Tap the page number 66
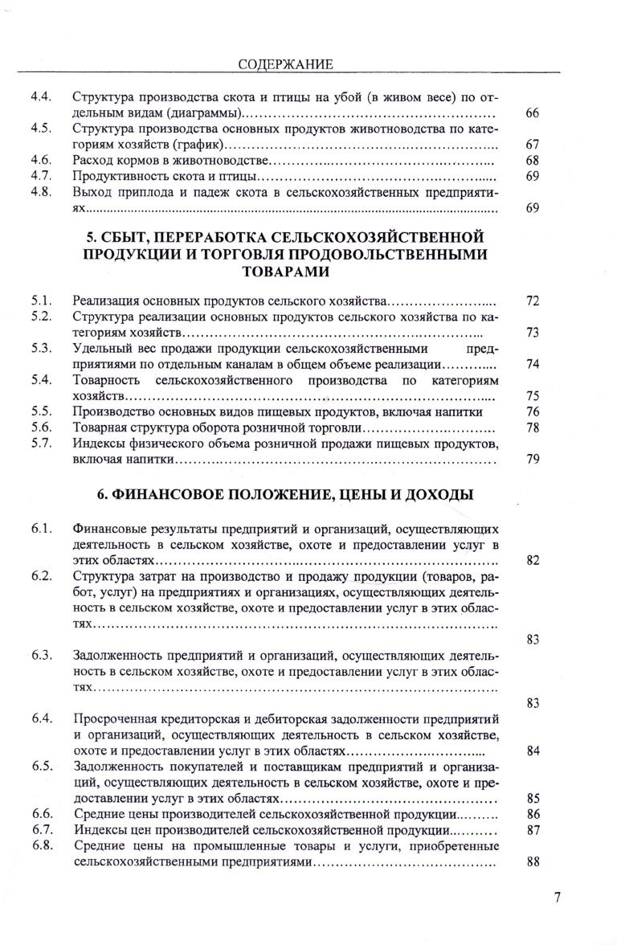click(x=532, y=113)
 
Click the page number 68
click(x=532, y=160)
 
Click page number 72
click(x=532, y=301)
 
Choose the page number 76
click(x=532, y=411)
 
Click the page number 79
click(x=532, y=459)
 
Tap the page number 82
click(x=532, y=560)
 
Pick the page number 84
click(x=532, y=751)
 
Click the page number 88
click(x=532, y=861)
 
